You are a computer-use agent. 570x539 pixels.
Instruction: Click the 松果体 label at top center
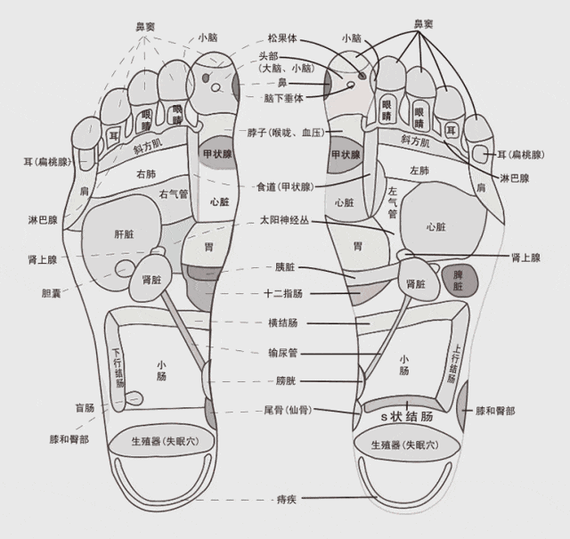[x=282, y=38]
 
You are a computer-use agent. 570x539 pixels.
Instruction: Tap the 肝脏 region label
[x=125, y=234]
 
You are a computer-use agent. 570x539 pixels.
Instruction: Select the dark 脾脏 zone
[x=460, y=281]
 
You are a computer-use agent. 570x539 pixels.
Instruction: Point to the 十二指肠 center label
[x=283, y=293]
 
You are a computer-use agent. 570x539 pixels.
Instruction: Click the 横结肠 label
[x=283, y=323]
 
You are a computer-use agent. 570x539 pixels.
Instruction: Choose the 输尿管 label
[x=283, y=353]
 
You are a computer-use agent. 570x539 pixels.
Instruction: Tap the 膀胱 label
[x=286, y=380]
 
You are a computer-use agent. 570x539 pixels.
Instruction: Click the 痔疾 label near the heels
[x=287, y=500]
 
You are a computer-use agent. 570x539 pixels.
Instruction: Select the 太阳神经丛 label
[x=285, y=220]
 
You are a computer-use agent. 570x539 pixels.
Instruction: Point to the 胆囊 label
[x=52, y=293]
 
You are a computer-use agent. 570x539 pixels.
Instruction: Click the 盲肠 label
[x=85, y=408]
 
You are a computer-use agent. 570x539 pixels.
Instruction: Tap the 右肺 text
[x=146, y=175]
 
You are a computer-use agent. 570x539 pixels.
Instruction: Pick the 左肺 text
[x=419, y=170]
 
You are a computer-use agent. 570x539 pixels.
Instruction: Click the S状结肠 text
[x=407, y=416]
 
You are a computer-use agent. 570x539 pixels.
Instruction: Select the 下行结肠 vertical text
[x=118, y=368]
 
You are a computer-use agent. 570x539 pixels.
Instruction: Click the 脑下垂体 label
[x=283, y=98]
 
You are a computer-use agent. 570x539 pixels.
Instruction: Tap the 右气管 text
[x=174, y=194]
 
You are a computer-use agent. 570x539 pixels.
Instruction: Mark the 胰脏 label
[x=285, y=267]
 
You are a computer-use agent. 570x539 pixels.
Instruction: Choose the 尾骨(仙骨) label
[x=288, y=410]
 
